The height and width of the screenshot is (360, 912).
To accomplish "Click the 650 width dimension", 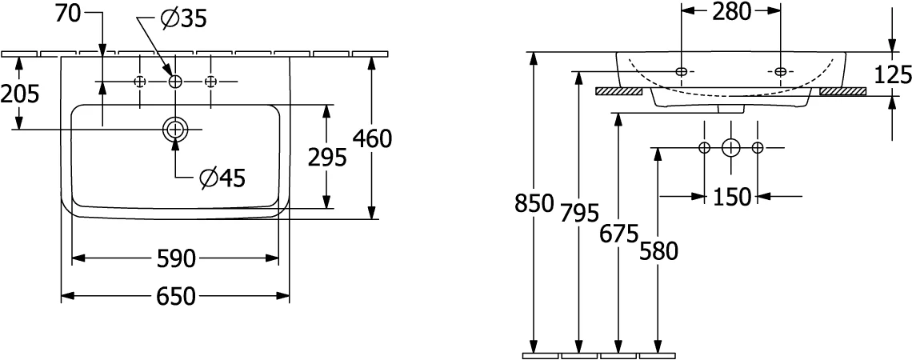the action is [176, 297].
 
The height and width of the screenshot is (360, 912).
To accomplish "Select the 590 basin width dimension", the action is [176, 258].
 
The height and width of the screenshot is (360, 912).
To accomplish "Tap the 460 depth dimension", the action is [372, 138].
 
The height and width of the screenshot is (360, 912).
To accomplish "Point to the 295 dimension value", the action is [327, 157].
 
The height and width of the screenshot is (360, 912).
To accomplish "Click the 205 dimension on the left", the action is [20, 93].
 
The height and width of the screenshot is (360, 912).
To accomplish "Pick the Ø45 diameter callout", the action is [222, 178].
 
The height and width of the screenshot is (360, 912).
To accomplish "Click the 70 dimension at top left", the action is [68, 13].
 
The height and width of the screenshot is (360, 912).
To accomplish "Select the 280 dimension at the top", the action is [732, 11].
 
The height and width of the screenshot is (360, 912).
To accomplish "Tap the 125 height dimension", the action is [892, 74].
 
